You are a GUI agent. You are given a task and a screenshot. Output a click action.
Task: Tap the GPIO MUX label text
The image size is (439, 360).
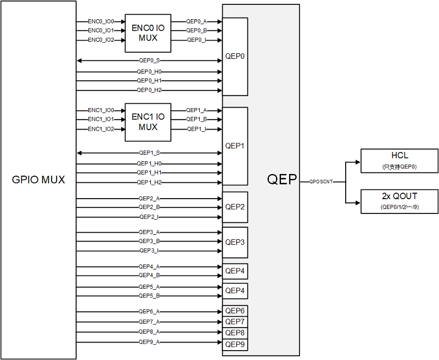[38, 179]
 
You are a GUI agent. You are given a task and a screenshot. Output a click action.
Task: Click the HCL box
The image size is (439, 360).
[399, 160]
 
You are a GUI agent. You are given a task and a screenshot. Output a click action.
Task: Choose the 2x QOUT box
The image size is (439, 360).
[399, 201]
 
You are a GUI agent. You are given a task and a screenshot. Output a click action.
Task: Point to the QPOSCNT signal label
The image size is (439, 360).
[321, 181]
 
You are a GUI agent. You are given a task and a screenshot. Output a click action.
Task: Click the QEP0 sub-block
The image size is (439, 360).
[235, 56]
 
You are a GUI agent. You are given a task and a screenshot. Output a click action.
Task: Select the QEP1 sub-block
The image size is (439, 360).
[235, 146]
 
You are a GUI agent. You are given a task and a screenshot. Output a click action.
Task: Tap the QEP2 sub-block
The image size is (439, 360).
[235, 207]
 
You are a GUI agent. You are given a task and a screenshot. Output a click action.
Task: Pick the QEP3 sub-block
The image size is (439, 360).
[235, 242]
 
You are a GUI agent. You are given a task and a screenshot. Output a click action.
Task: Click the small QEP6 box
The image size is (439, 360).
[235, 311]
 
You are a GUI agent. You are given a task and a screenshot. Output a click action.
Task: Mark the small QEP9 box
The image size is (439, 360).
[235, 345]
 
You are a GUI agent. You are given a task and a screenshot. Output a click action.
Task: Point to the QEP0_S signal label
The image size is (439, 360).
[149, 60]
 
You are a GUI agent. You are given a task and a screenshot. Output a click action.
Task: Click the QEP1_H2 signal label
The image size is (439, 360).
[149, 182]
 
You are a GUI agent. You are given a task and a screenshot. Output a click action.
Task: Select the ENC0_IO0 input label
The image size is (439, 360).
[101, 21]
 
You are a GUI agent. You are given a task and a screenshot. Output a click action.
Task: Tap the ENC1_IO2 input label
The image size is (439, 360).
[101, 129]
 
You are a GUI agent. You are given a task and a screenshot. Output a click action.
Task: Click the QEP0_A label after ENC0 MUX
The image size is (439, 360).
[196, 21]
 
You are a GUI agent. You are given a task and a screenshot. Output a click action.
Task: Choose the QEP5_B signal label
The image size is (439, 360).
[149, 296]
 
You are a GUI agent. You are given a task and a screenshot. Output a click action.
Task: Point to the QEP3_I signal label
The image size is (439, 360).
[149, 250]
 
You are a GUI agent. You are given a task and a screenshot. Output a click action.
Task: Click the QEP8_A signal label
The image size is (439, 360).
[149, 331]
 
